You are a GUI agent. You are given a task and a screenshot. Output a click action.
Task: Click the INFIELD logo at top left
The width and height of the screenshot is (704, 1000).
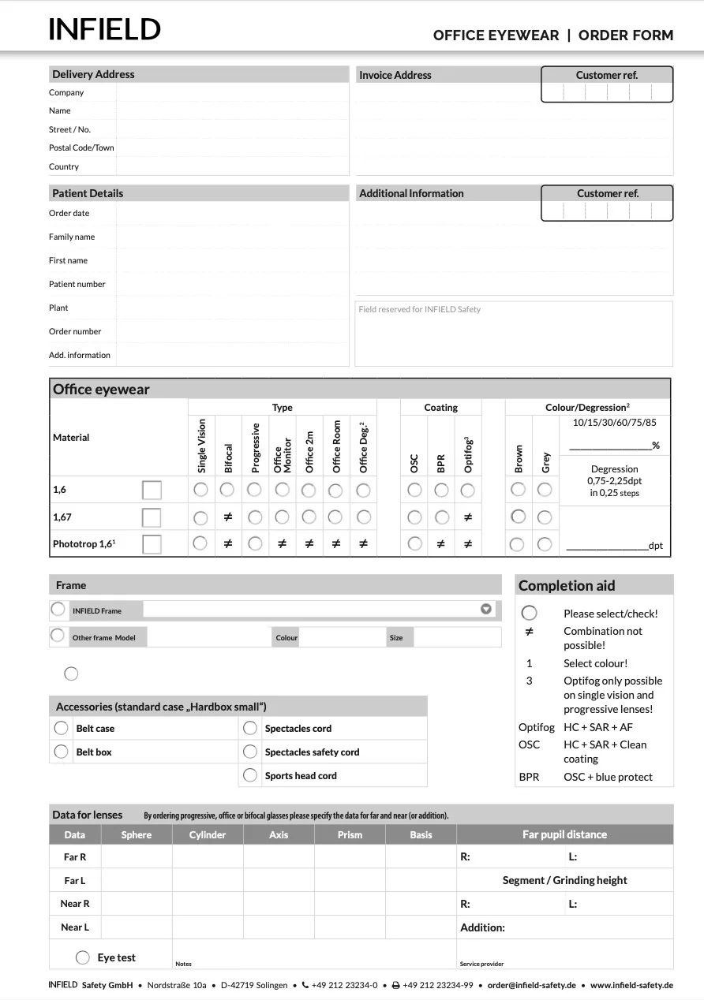pyautogui.click(x=104, y=30)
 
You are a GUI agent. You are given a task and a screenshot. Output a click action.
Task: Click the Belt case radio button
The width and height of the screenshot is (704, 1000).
pyautogui.click(x=61, y=728)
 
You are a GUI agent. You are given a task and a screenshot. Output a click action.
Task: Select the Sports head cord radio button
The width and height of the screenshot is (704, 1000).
pyautogui.click(x=250, y=775)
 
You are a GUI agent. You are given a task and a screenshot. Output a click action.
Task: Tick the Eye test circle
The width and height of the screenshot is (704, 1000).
pyautogui.click(x=83, y=957)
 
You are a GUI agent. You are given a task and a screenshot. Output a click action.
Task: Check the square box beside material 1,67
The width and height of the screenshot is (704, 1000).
pyautogui.click(x=152, y=517)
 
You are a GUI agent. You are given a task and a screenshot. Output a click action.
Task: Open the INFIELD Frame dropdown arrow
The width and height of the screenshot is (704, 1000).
pyautogui.click(x=486, y=609)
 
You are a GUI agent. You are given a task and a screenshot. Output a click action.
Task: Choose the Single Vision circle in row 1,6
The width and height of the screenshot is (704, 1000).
pyautogui.click(x=200, y=490)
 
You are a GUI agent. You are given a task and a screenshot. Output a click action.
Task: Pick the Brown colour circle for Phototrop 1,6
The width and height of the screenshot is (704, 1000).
pyautogui.click(x=518, y=544)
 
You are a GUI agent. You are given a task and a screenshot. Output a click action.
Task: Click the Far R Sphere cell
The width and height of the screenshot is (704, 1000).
pyautogui.click(x=137, y=856)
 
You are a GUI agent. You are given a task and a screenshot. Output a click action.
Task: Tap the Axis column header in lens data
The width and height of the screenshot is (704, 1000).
pyautogui.click(x=279, y=834)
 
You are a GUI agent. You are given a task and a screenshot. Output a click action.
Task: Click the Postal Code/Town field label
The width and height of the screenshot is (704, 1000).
pyautogui.click(x=81, y=147)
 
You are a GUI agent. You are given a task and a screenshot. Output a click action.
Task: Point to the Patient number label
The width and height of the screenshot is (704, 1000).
pyautogui.click(x=77, y=284)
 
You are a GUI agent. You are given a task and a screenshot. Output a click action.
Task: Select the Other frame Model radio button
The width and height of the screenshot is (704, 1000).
pyautogui.click(x=58, y=636)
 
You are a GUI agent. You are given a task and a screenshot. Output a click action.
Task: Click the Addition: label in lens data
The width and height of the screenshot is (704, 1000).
pyautogui.click(x=482, y=927)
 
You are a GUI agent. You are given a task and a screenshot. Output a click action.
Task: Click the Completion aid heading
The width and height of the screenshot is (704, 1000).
pyautogui.click(x=567, y=585)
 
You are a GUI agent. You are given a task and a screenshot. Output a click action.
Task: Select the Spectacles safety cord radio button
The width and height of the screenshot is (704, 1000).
pyautogui.click(x=250, y=752)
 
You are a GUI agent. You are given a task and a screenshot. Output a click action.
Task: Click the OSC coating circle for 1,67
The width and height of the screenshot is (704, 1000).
pyautogui.click(x=414, y=517)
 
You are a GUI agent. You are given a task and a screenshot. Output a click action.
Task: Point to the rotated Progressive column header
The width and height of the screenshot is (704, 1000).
pyautogui.click(x=255, y=447)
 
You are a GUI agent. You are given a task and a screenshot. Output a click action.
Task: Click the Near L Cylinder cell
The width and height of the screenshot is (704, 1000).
pyautogui.click(x=208, y=927)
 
